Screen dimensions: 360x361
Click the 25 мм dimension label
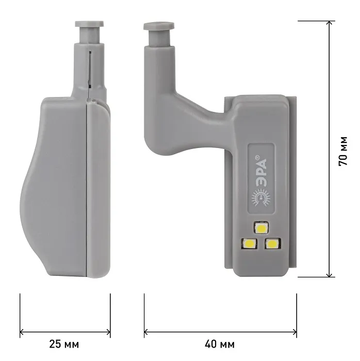click(64, 344)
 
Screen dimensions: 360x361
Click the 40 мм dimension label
click(220, 344)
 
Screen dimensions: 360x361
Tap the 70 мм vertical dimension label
click(343, 151)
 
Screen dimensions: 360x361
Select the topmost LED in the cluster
click(261, 228)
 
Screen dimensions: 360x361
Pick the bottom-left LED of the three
click(249, 243)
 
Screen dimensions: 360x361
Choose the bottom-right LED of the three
click(273, 243)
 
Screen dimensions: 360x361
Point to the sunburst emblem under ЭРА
click(261, 198)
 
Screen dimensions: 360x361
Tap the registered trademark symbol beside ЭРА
click(257, 157)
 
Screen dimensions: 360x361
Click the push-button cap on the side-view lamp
click(89, 24)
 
